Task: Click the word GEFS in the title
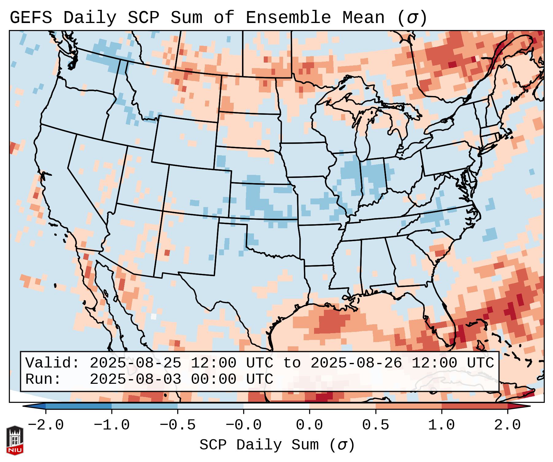(x=31, y=18)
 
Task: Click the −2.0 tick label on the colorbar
(x=46, y=425)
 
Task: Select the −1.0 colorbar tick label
(x=112, y=425)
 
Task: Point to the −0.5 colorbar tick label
(x=178, y=425)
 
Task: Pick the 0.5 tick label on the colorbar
(x=375, y=425)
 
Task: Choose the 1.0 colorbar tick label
(x=441, y=425)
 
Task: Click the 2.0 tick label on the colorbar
(x=507, y=425)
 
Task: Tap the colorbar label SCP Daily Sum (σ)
(x=277, y=445)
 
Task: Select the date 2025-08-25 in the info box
(x=135, y=363)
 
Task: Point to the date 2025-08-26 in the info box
(x=356, y=363)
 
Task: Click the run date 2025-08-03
(x=135, y=379)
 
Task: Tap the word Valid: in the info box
(x=52, y=363)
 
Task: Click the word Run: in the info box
(x=43, y=379)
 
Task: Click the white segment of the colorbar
(x=276, y=406)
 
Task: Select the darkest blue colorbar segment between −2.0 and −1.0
(x=79, y=406)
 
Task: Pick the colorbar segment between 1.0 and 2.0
(x=474, y=406)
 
